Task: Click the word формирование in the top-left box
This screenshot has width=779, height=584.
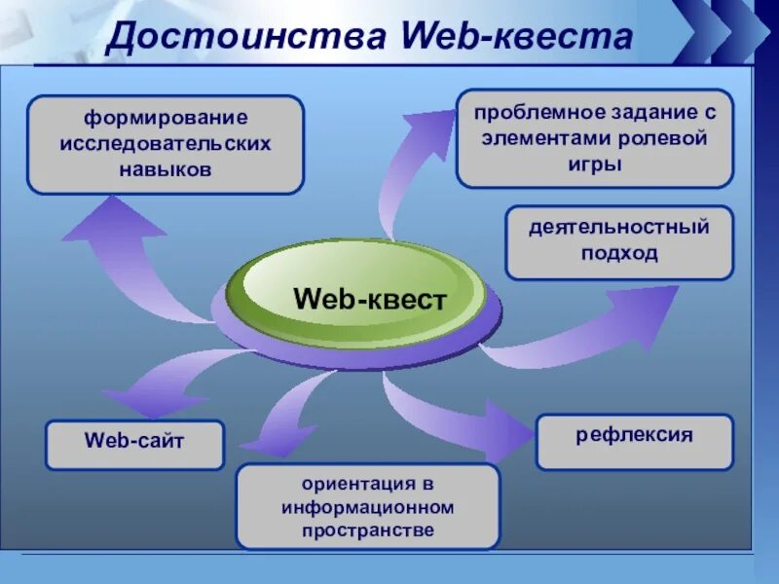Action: pos(165,118)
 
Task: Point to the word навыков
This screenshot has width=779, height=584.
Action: pos(165,168)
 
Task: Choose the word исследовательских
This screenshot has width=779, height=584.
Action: pos(165,143)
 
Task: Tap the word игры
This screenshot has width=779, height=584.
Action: pos(594,163)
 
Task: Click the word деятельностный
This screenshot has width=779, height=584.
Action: pos(619,228)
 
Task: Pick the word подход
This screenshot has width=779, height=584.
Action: pos(619,253)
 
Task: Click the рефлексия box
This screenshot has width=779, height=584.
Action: pos(634,441)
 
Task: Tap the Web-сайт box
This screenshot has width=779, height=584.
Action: pos(134,445)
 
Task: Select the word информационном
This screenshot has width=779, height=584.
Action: pos(368,507)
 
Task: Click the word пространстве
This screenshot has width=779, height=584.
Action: pos(368,530)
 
